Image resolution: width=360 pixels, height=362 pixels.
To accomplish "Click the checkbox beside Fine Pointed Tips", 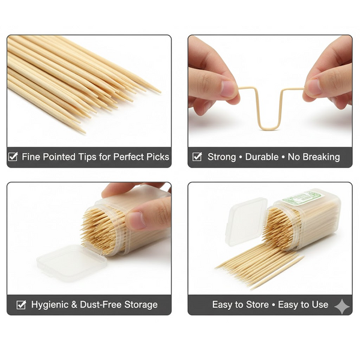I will pyautogui.click(x=13, y=157).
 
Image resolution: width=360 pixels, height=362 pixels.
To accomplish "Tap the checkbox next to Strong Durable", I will pyautogui.click(x=197, y=157).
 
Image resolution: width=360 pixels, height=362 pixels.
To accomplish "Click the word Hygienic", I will pyautogui.click(x=50, y=304).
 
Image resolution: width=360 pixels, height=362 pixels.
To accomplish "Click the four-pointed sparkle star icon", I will pyautogui.click(x=342, y=306).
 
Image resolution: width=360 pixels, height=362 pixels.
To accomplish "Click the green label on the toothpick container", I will pyautogui.click(x=301, y=198).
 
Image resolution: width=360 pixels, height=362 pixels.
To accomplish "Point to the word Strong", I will pyautogui.click(x=222, y=157).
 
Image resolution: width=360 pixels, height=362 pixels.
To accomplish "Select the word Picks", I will pyautogui.click(x=159, y=157).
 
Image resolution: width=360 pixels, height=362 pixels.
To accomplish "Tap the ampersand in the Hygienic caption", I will pyautogui.click(x=74, y=304).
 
